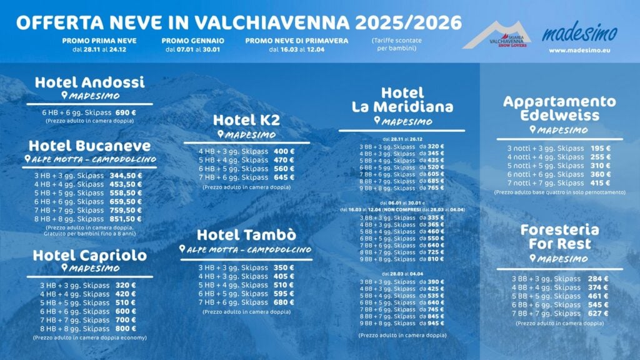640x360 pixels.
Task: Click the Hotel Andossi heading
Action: (x=89, y=82)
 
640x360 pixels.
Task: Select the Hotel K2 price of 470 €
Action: (x=284, y=160)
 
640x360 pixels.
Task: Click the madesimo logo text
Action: (x=579, y=32)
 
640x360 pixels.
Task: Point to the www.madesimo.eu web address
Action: (x=579, y=50)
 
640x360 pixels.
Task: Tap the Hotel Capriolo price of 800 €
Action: (x=126, y=328)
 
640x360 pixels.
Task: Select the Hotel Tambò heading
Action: (x=246, y=235)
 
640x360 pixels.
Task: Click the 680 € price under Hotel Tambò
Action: (x=284, y=302)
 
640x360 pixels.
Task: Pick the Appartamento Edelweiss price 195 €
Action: (x=601, y=148)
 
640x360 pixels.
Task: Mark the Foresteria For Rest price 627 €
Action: (x=598, y=313)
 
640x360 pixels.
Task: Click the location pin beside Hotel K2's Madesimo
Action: (x=220, y=134)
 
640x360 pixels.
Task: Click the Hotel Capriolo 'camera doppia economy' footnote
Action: (x=89, y=337)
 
